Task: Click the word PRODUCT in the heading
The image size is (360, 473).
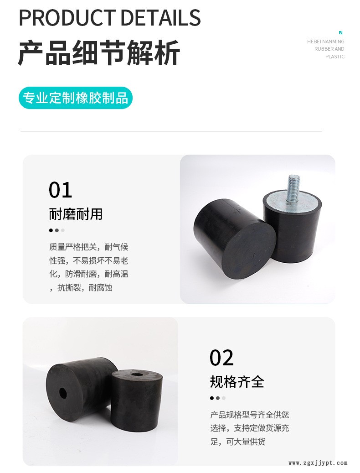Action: [x=67, y=17]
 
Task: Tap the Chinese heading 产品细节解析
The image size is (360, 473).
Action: [x=99, y=53]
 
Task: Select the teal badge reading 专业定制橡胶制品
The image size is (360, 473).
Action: [x=76, y=98]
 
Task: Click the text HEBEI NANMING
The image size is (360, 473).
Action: [x=326, y=42]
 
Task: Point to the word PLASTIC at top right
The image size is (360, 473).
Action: [x=334, y=57]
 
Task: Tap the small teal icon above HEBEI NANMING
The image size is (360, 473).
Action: [x=341, y=32]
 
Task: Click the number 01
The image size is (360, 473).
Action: [x=60, y=190]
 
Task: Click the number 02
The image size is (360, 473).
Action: [x=222, y=358]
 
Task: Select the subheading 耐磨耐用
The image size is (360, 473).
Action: [x=76, y=214]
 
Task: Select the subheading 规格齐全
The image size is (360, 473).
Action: [x=237, y=382]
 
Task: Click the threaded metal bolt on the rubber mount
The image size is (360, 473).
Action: [x=292, y=188]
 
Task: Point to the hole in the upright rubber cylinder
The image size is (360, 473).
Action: [x=137, y=374]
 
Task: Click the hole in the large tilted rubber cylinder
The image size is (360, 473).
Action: [x=63, y=393]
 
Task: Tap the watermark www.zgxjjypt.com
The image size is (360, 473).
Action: [x=318, y=463]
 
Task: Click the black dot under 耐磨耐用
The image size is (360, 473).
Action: [x=51, y=230]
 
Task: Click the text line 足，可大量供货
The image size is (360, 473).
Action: [x=238, y=442]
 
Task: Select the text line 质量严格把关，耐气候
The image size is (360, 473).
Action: [x=89, y=247]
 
